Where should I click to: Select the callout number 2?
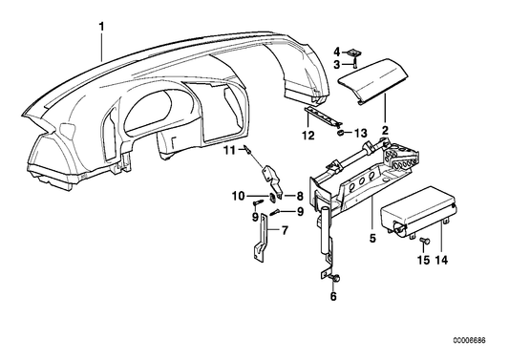point(385,127)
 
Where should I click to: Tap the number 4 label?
point(336,50)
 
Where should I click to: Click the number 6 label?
point(333,297)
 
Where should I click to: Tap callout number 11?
point(229,149)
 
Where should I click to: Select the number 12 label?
point(308,136)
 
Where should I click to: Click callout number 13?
point(360,132)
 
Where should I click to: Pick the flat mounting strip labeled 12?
point(322,116)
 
